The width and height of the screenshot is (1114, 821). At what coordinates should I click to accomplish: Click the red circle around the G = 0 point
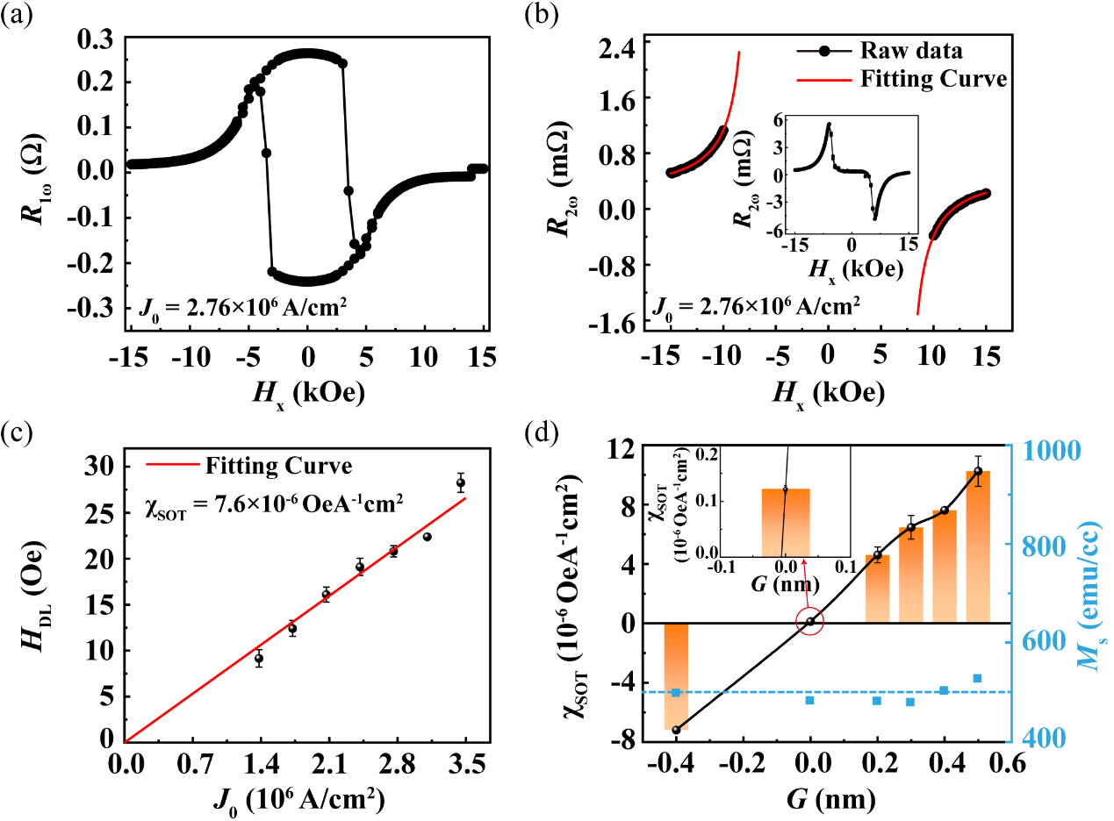(810, 621)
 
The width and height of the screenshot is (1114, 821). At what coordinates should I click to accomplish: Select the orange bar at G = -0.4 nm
(675, 675)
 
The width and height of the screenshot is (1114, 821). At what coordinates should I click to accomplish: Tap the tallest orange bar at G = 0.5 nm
(978, 546)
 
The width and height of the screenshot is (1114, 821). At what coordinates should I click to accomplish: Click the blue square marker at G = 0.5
(977, 678)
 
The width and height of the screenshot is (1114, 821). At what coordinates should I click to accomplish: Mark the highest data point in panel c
(460, 482)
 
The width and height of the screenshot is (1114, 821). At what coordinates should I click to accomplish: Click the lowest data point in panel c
(259, 658)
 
